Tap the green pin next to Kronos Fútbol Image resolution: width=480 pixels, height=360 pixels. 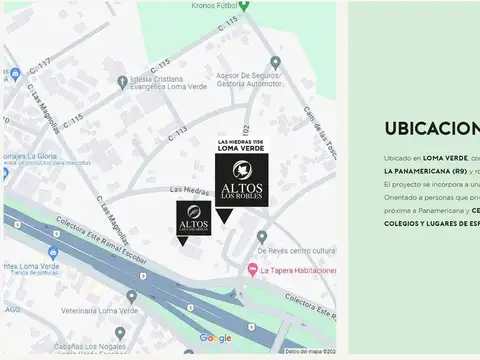pos(243,6)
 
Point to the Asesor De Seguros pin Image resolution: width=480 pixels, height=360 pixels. pos(275,62)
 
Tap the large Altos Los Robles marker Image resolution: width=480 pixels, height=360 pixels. pos(241,180)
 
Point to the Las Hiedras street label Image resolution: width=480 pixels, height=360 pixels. pos(189,189)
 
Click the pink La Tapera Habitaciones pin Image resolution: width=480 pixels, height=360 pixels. pos(251,270)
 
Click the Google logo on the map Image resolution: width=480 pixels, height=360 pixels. pos(215,338)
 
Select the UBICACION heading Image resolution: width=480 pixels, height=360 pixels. pos(431,129)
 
